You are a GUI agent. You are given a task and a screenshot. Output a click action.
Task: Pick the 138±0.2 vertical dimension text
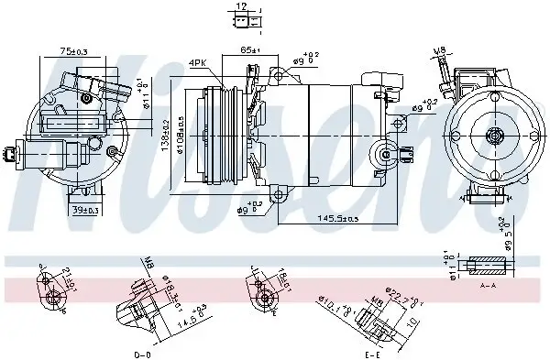[166, 135]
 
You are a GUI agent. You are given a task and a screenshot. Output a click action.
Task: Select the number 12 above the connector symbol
[240, 6]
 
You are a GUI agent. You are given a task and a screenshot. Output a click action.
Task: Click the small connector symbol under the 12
[240, 22]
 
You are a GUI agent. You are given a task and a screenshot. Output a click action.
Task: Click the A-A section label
[489, 285]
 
